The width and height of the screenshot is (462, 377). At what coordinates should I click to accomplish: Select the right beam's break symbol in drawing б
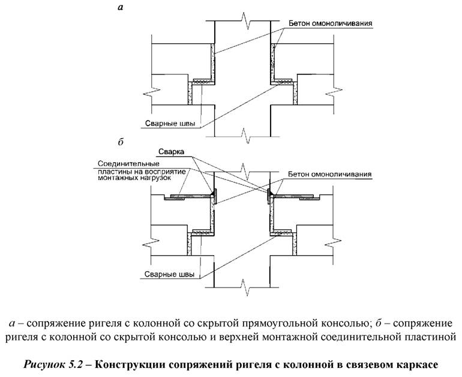(x=329, y=246)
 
